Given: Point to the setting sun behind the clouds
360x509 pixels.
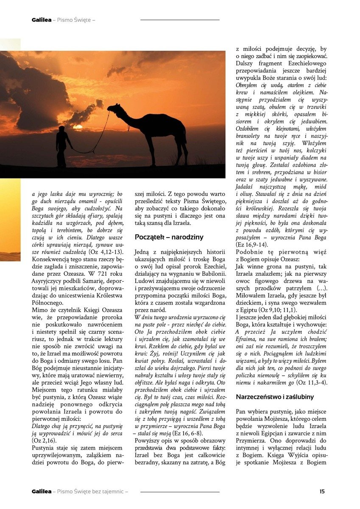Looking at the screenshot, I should click(78, 126).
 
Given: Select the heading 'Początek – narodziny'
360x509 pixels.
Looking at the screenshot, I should click(169, 237).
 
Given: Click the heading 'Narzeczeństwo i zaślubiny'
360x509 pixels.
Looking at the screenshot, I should click(275, 397).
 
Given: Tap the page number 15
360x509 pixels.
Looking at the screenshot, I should click(322, 492).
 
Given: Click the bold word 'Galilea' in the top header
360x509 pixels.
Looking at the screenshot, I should click(41, 20).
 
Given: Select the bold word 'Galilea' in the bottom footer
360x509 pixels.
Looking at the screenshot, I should click(41, 492).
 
